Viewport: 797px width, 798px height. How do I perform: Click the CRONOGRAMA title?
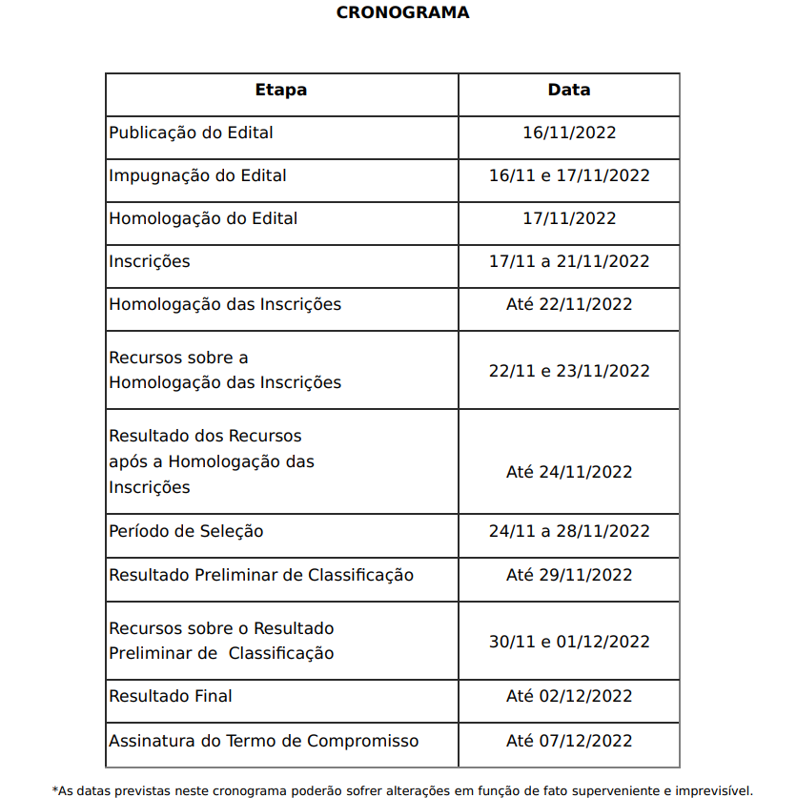coord(402,13)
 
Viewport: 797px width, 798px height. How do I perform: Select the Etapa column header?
coord(281,91)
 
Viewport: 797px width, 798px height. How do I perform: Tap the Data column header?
coord(569,91)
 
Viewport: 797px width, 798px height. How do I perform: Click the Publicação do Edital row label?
coord(191,133)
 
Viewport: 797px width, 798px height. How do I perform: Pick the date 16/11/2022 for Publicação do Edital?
coord(569,133)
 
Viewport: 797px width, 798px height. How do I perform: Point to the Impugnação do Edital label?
coord(197,175)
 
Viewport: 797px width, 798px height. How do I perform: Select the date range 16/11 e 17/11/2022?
coord(569,175)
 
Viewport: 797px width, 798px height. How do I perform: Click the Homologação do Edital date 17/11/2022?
coord(569,218)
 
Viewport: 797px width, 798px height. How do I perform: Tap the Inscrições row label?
coord(150,261)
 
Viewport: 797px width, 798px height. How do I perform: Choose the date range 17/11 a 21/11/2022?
coord(569,261)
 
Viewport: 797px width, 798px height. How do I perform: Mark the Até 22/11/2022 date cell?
coord(569,304)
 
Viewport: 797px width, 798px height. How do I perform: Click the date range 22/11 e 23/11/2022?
coord(569,371)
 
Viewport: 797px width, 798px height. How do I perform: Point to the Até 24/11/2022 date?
coord(569,472)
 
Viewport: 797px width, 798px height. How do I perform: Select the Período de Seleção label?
coord(186,531)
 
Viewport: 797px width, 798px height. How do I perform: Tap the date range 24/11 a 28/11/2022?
coord(569,531)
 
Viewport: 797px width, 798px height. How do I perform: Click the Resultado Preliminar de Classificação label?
coord(261,575)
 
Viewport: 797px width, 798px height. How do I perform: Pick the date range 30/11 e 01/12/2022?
coord(569,642)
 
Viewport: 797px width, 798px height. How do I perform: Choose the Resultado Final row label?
coord(171,696)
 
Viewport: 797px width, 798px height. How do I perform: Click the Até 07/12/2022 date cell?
coord(569,741)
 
